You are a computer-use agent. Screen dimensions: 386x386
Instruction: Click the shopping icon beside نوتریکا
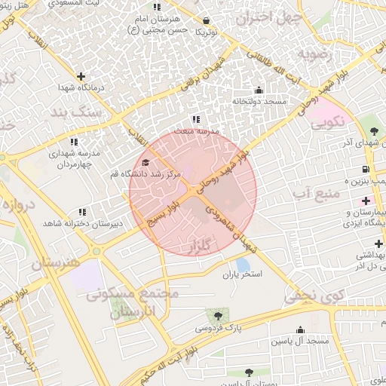pyautogui.click(x=207, y=20)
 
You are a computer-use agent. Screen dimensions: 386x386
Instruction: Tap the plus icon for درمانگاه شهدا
pyautogui.click(x=81, y=75)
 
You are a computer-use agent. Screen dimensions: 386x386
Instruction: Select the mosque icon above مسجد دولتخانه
pyautogui.click(x=259, y=90)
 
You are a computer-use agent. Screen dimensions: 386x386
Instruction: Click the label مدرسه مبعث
pyautogui.click(x=196, y=130)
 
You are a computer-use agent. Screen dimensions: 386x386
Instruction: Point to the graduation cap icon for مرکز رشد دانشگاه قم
pyautogui.click(x=146, y=162)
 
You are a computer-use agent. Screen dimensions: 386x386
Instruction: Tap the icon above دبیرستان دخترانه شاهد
pyautogui.click(x=81, y=213)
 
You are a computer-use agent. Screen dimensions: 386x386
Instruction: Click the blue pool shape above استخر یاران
pyautogui.click(x=243, y=265)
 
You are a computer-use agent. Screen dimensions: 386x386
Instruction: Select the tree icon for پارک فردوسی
pyautogui.click(x=219, y=316)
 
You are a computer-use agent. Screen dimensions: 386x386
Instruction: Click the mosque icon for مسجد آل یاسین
pyautogui.click(x=301, y=329)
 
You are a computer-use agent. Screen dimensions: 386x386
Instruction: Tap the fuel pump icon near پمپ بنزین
pyautogui.click(x=366, y=169)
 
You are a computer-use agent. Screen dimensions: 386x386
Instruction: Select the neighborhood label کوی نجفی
pyautogui.click(x=314, y=295)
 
